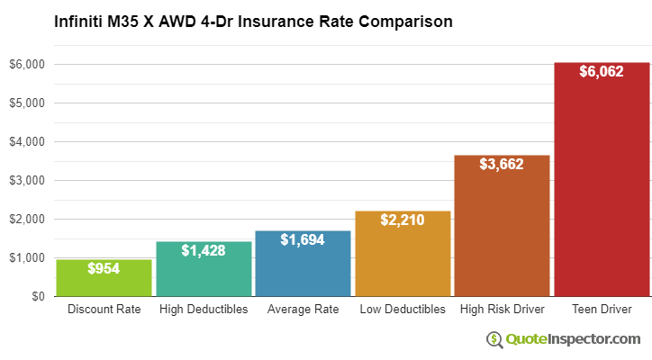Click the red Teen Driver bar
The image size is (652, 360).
click(602, 180)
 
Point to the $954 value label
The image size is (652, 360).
click(104, 268)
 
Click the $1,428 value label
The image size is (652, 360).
click(204, 250)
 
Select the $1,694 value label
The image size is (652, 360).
click(303, 240)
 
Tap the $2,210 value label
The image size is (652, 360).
click(403, 220)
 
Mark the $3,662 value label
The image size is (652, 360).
click(502, 164)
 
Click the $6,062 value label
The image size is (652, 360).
click(602, 72)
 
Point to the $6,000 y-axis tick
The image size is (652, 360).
click(27, 65)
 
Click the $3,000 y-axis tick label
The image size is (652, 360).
click(27, 181)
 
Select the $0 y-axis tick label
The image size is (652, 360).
click(37, 296)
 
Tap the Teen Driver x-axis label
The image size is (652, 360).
click(602, 310)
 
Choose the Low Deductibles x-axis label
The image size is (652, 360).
click(403, 310)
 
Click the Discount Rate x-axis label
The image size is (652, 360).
click(104, 310)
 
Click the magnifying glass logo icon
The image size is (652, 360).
click(494, 339)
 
